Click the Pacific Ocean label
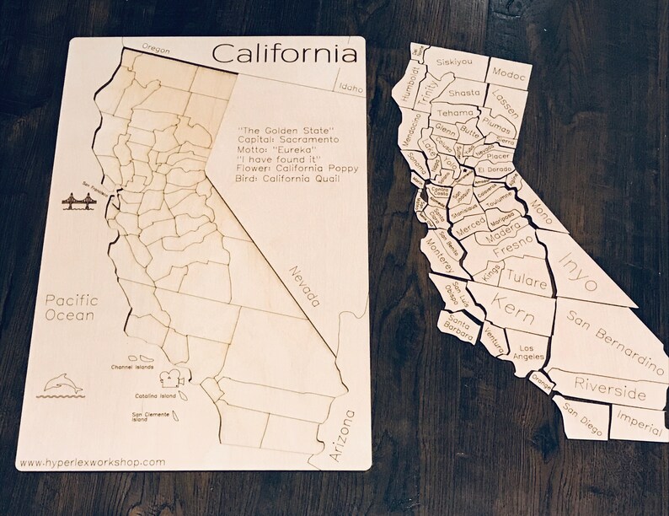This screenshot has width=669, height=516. pos(72,308)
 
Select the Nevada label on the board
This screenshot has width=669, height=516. pos(306,287)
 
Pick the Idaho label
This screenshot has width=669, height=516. pos(345,86)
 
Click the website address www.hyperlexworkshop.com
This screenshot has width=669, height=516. pos(91,462)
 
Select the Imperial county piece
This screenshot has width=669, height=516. pos(639,419)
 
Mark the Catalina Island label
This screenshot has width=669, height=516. pos(155,395)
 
